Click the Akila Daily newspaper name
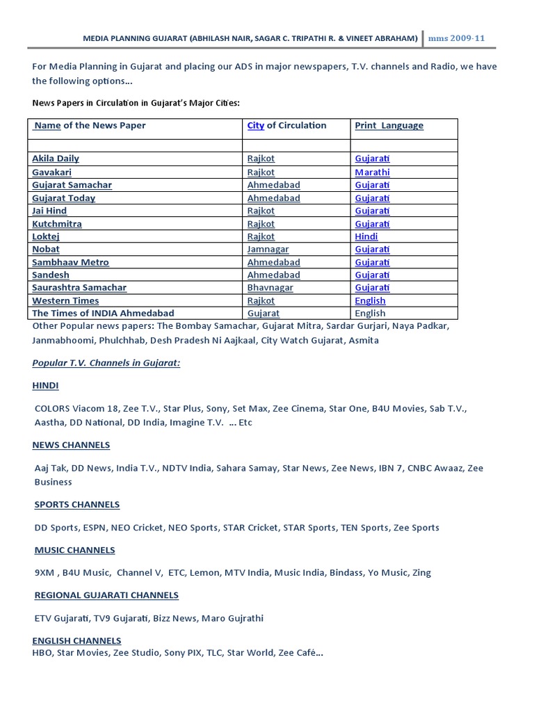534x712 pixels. coord(56,159)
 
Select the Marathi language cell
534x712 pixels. coord(372,172)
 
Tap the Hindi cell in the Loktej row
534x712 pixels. coord(366,236)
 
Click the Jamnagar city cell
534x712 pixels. coord(268,249)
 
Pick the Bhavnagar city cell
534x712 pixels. coord(270,287)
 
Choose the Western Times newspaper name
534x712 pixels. coord(65,300)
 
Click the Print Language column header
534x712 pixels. coord(389,126)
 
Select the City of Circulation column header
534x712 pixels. coord(286,126)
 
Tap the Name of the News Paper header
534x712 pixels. coord(90,126)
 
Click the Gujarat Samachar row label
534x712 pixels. coord(72,185)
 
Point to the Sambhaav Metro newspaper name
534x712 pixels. coord(70,262)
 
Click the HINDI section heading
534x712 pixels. coord(45,385)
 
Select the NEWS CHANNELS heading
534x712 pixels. coord(71,445)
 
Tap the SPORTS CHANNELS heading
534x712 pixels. coord(77,505)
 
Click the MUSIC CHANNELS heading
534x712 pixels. coord(75,550)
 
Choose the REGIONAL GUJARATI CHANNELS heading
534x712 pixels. coord(106,595)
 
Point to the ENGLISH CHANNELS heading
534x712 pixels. coord(76,640)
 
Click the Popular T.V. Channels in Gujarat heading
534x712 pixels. coord(106,363)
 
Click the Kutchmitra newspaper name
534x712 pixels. coord(57,224)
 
